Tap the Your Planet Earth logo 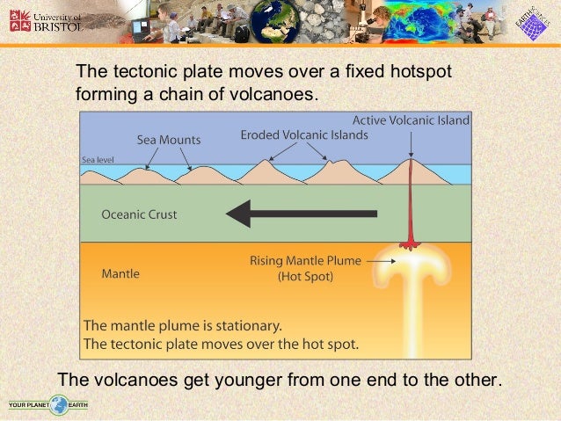[x=49, y=406]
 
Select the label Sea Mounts [x=168, y=140]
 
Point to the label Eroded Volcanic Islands [x=304, y=136]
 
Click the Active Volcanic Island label [x=411, y=120]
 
